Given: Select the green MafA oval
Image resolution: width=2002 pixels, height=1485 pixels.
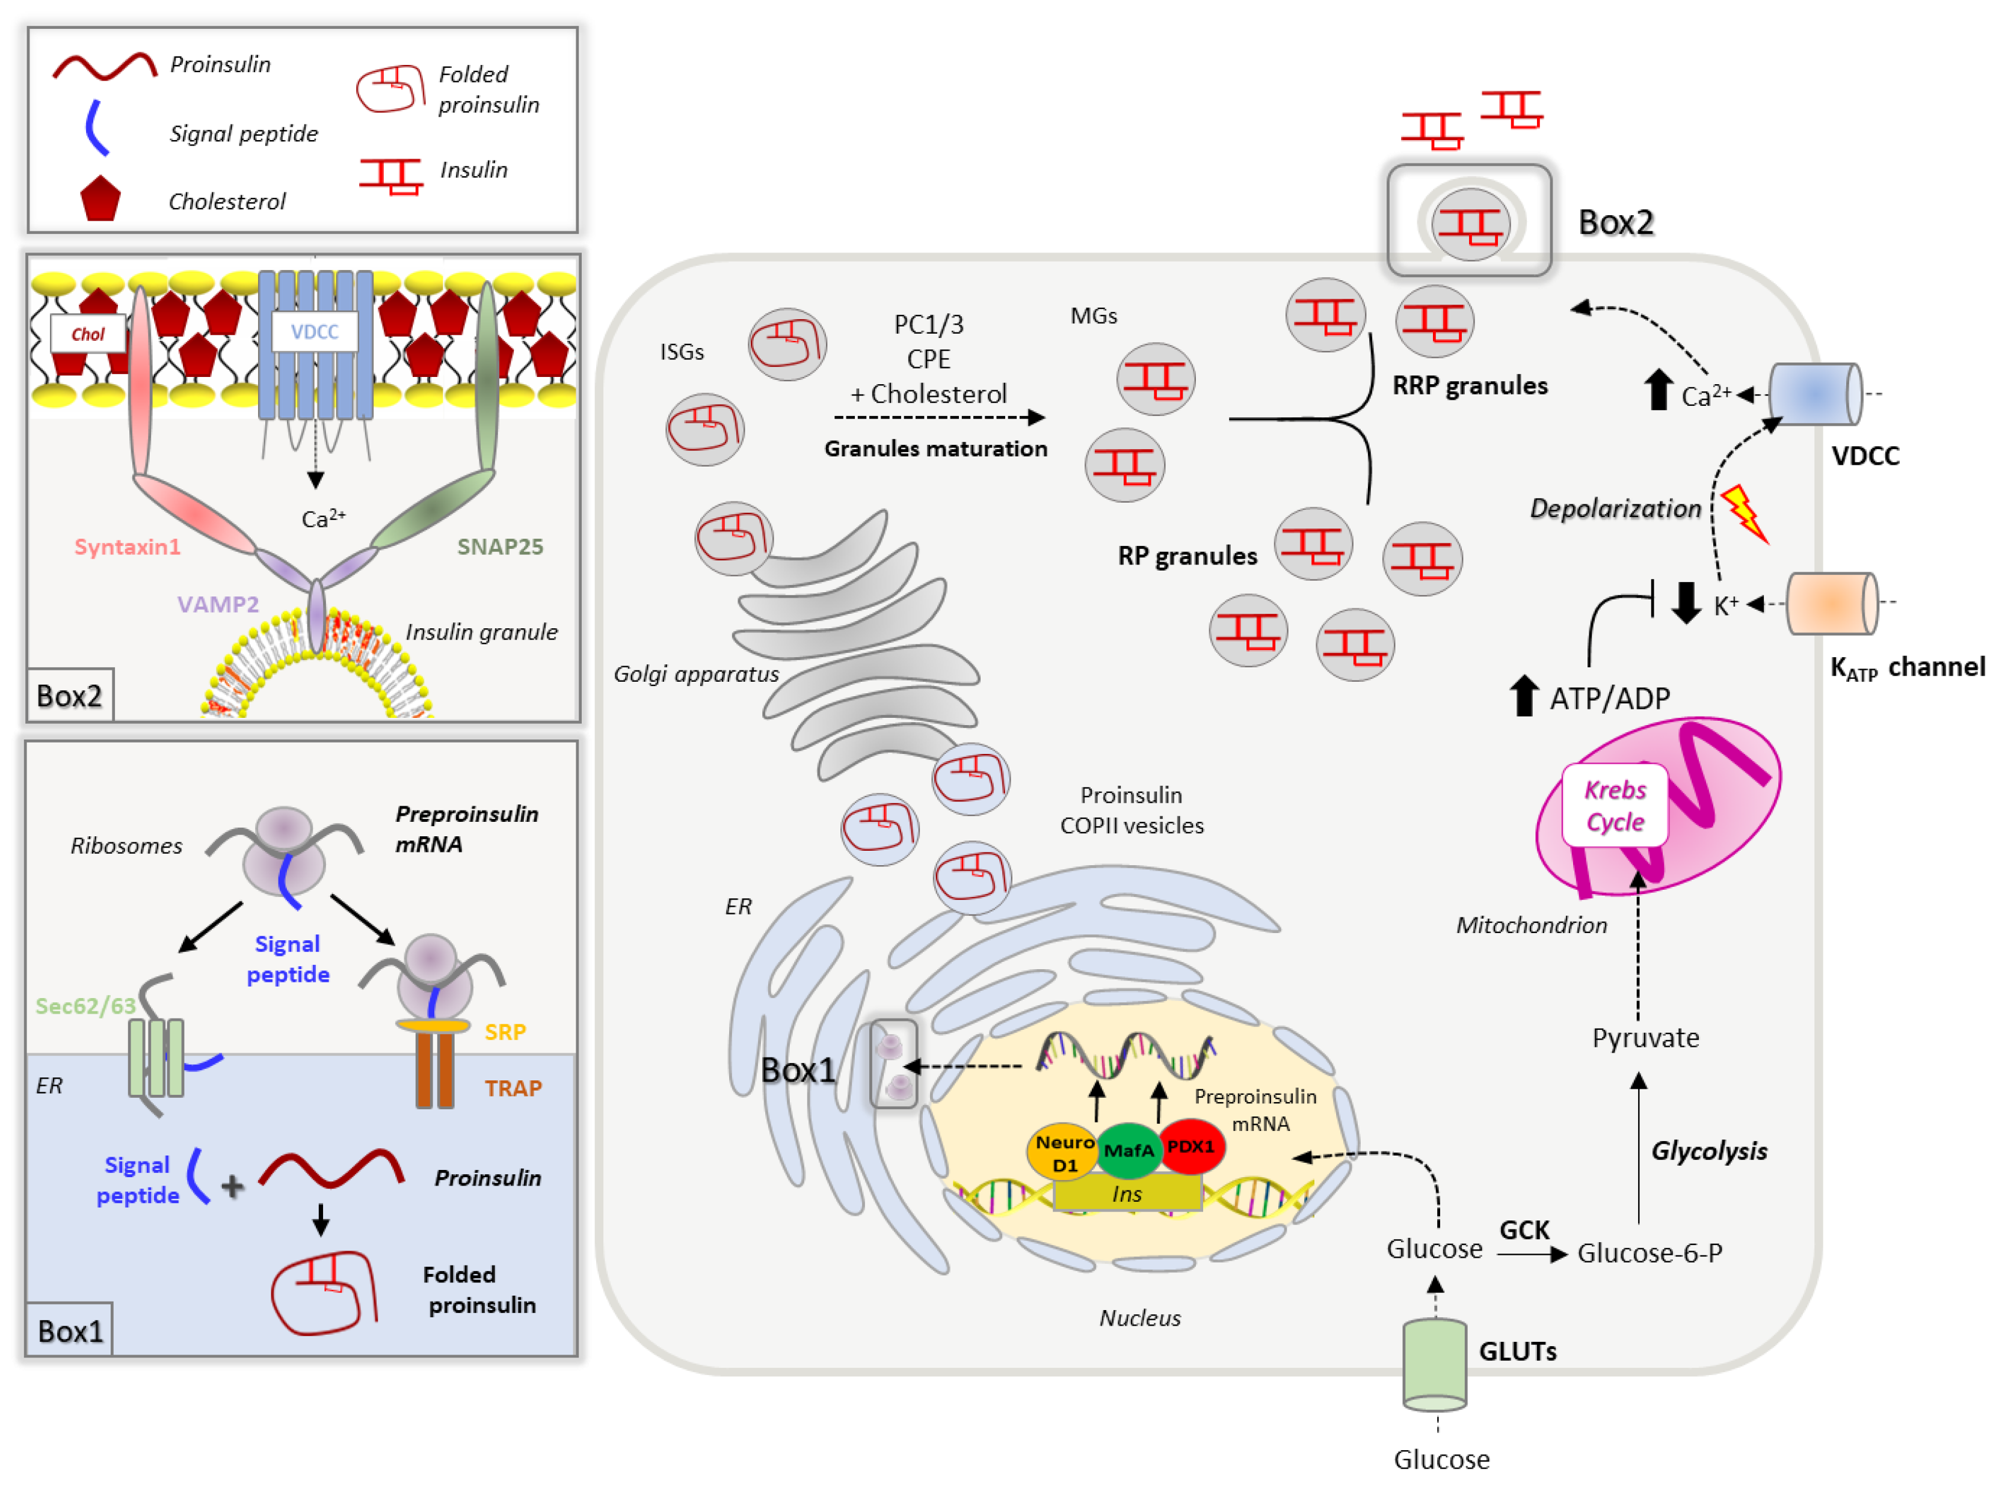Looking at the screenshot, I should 1128,1151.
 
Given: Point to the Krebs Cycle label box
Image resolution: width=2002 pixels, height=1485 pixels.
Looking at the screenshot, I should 1615,806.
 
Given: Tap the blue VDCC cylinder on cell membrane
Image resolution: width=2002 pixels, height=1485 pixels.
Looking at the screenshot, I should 1814,394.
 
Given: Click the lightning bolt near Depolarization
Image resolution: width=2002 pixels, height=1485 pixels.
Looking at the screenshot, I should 1744,513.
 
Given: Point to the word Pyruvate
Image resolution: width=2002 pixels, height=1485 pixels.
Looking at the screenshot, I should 1645,1038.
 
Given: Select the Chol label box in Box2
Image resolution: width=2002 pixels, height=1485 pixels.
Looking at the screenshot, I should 88,334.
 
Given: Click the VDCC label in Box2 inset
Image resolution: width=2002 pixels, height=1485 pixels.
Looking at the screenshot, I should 315,332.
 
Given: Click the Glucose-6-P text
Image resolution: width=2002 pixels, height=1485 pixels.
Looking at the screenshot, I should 1649,1253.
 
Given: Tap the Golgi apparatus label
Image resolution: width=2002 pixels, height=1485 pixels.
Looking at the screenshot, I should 695,674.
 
